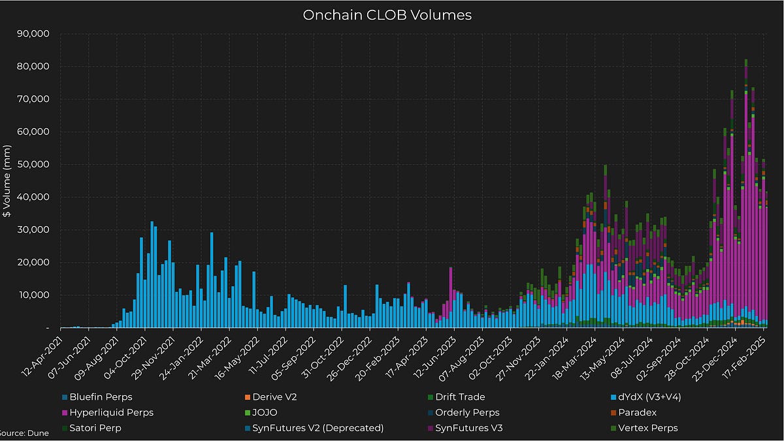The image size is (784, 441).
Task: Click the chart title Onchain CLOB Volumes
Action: (387, 15)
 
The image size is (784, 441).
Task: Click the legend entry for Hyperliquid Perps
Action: (111, 412)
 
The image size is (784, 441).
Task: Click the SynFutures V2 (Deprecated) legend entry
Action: (318, 429)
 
